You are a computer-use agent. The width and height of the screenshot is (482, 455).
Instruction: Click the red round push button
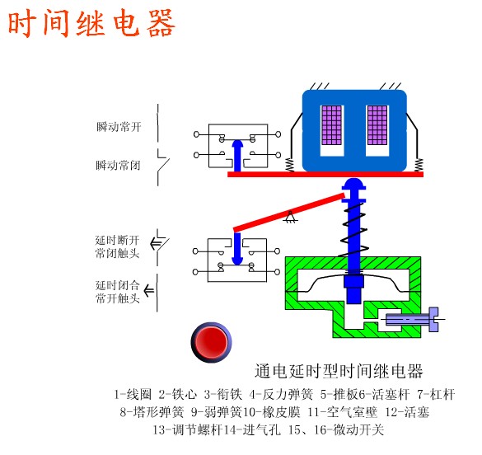211,342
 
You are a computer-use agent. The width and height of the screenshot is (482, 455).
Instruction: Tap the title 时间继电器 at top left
91,23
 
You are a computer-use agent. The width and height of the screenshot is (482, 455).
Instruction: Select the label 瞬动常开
119,127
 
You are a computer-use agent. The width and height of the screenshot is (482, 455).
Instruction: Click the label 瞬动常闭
118,166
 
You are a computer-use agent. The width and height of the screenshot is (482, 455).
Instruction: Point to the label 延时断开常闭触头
117,246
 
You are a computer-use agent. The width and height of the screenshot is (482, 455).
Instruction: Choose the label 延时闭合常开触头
118,292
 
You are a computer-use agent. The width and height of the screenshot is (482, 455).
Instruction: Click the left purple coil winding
331,125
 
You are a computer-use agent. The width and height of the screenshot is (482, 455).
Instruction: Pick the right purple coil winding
377,125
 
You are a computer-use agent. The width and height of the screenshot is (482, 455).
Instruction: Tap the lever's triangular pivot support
289,217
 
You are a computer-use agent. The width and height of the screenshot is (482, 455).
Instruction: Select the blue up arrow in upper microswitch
237,156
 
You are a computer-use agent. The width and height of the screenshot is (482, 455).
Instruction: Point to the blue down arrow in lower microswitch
237,248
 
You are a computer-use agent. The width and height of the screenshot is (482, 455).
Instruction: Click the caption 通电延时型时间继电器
339,371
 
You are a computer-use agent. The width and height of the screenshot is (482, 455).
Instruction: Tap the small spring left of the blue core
289,165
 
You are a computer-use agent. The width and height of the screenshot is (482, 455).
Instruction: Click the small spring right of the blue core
419,165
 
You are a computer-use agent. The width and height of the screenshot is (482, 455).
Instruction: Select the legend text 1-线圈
133,395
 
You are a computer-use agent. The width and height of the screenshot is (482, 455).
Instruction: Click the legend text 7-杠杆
436,395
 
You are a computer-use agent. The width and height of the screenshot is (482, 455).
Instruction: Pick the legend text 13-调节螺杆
187,429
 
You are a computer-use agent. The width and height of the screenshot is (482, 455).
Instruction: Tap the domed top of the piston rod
353,183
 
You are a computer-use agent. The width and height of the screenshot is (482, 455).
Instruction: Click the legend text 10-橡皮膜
271,412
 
